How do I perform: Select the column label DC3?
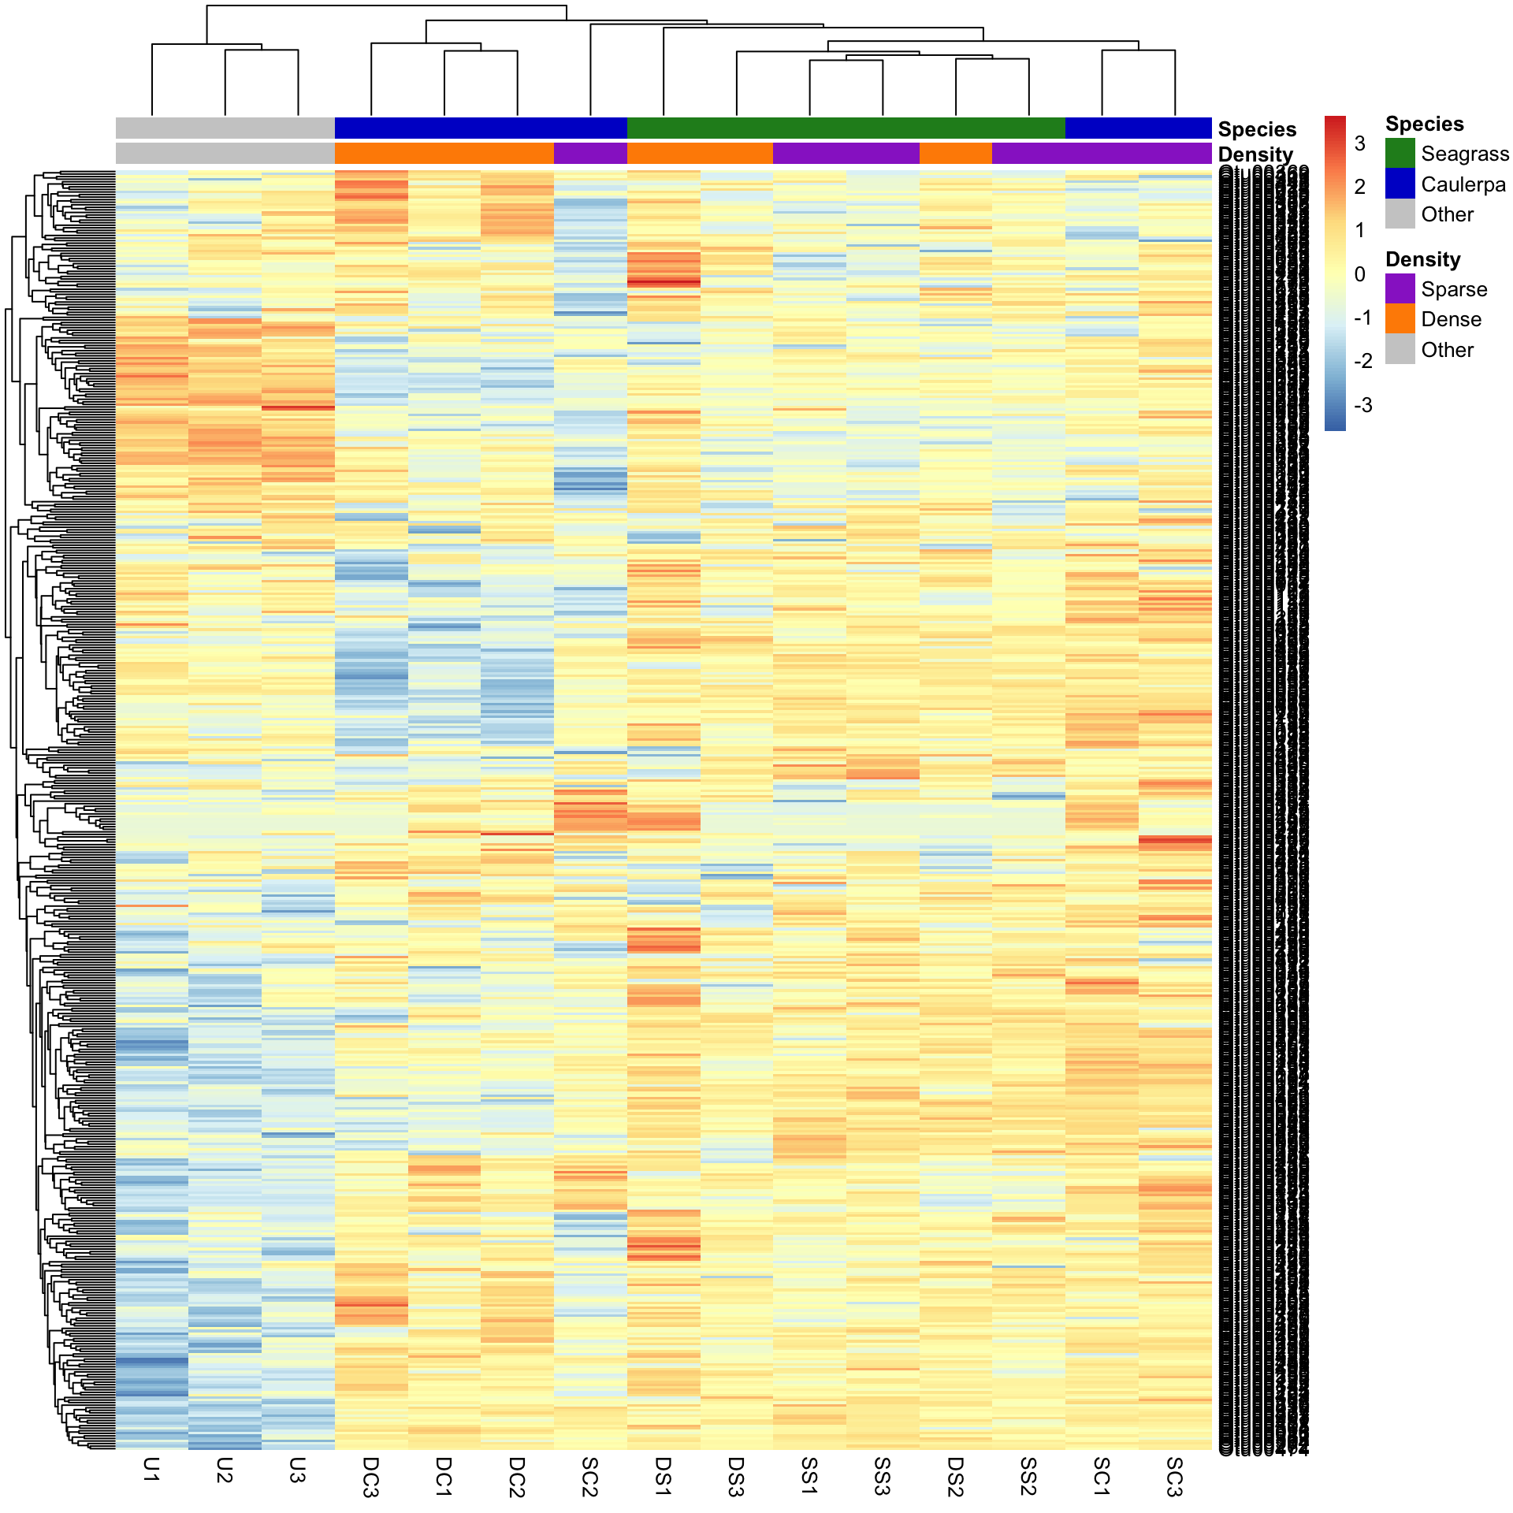[x=370, y=1477]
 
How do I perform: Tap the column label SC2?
[x=589, y=1477]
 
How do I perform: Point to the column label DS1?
[x=663, y=1477]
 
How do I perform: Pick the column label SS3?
[x=882, y=1477]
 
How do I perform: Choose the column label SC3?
[x=1174, y=1477]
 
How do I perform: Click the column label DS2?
[x=955, y=1477]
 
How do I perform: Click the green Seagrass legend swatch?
[x=1400, y=154]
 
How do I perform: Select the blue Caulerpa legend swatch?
[x=1400, y=184]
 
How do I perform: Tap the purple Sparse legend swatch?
[x=1400, y=289]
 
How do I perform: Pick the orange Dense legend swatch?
[x=1400, y=319]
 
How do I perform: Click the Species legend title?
[x=1424, y=124]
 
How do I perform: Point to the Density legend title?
[x=1422, y=259]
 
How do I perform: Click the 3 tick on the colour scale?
[x=1359, y=143]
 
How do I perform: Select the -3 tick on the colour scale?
[x=1362, y=405]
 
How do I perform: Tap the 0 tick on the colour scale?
[x=1359, y=274]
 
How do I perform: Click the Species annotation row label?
[x=1257, y=129]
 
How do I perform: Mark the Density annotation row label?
[x=1255, y=154]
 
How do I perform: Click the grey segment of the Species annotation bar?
[x=225, y=128]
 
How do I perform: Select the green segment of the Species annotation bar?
[x=846, y=128]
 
